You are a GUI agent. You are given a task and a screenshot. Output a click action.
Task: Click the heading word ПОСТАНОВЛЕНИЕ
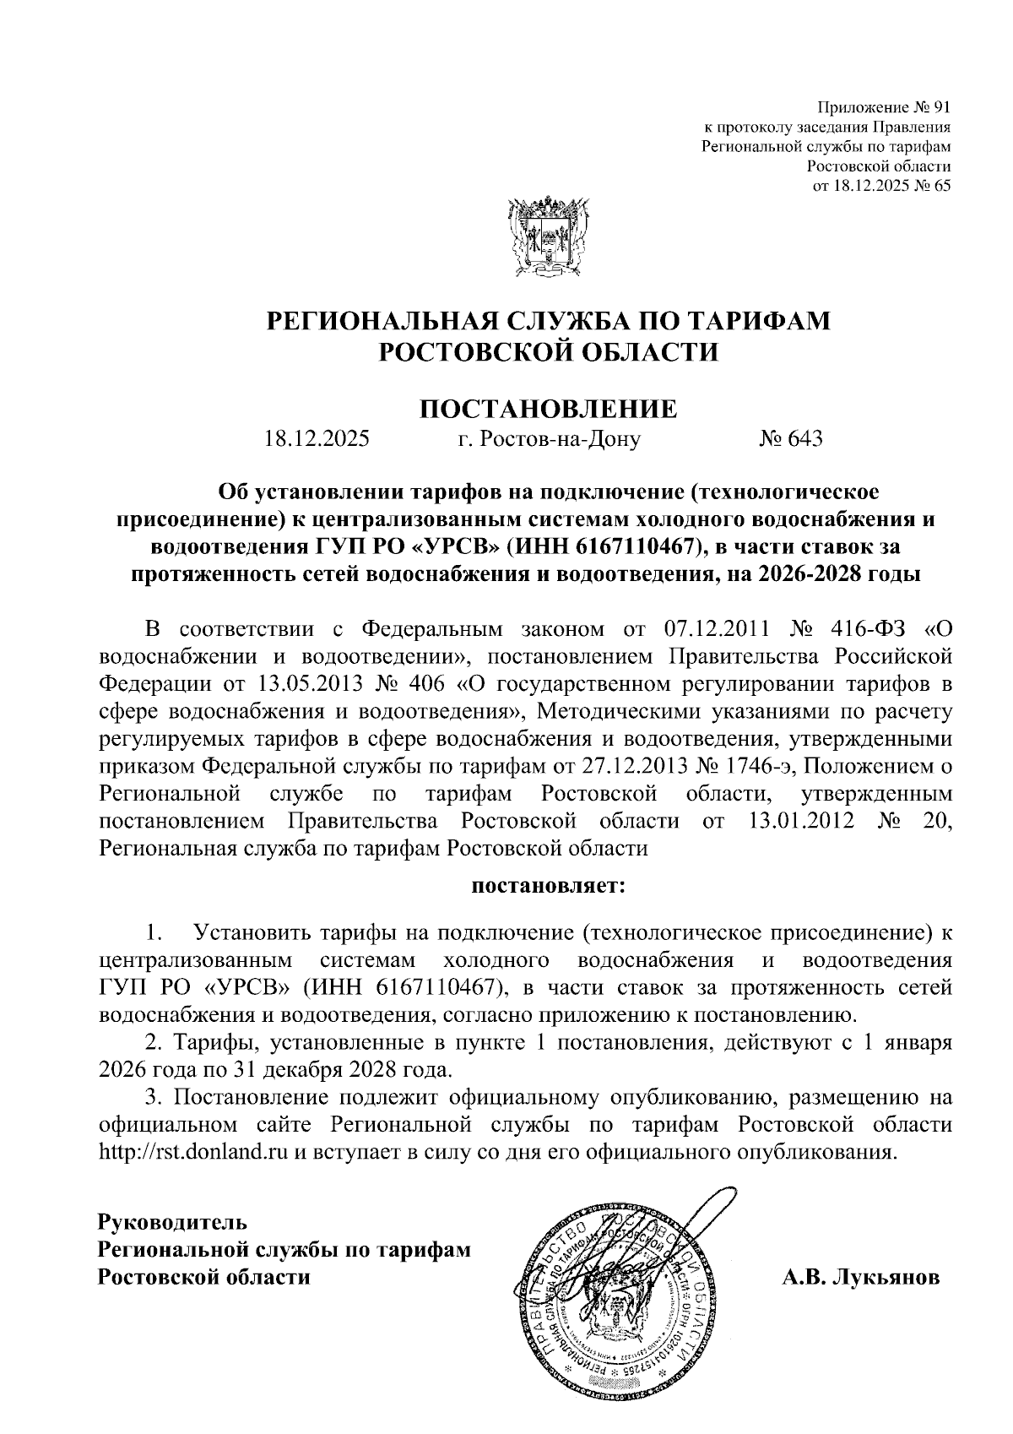pos(549,410)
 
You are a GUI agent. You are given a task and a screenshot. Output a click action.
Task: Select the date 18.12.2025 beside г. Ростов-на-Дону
pos(317,439)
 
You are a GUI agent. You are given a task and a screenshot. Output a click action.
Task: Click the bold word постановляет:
pos(549,888)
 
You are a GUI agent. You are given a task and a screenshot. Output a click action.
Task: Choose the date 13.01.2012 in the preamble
pos(799,821)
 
